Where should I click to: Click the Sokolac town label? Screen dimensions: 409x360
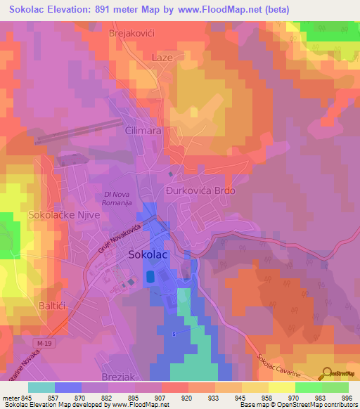[x=148, y=256]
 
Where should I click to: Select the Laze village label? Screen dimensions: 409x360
[x=162, y=58]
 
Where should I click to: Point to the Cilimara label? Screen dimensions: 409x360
[x=143, y=131]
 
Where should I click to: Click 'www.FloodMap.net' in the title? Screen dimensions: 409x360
[x=224, y=10]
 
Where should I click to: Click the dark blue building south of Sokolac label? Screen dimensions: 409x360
[x=150, y=279]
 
